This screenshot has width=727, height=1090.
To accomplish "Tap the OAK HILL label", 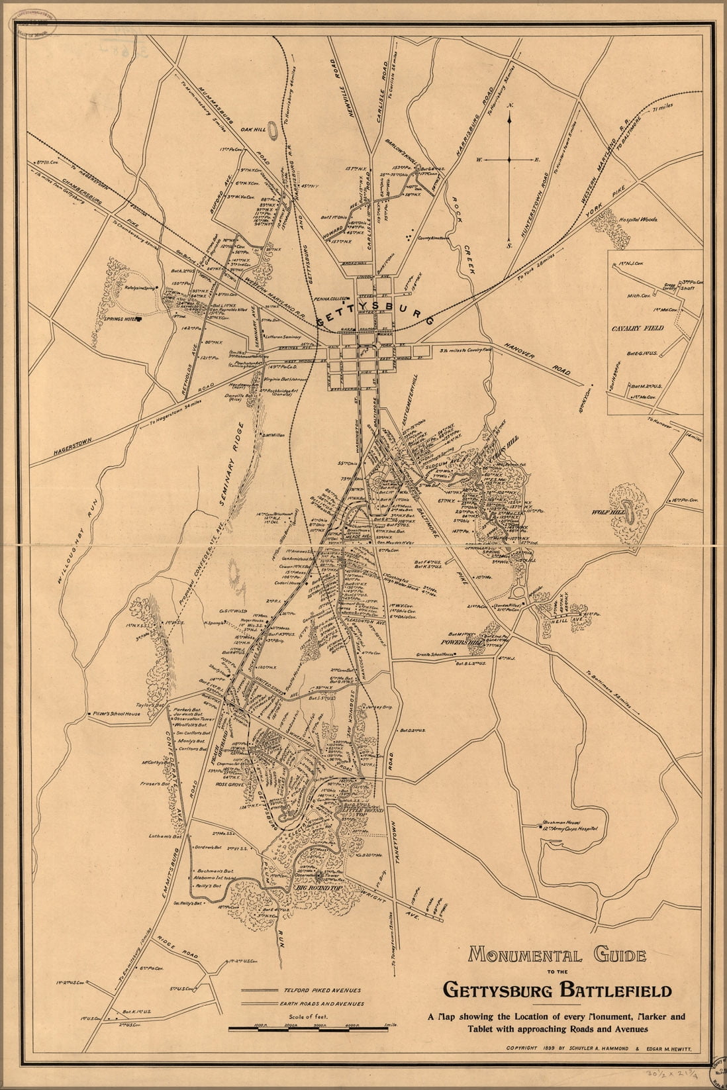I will [x=253, y=130].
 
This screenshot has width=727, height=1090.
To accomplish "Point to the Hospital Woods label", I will [x=638, y=218].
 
